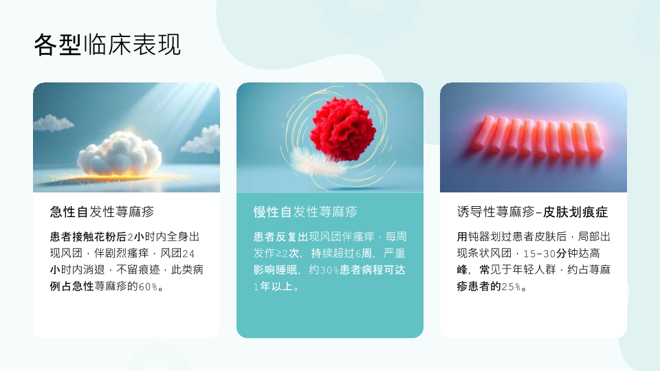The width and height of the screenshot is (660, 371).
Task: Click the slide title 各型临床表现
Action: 107,45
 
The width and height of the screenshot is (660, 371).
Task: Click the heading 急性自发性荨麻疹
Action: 102,212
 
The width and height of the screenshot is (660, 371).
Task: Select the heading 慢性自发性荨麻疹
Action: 305,212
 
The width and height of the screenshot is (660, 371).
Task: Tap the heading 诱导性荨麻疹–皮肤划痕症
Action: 532,212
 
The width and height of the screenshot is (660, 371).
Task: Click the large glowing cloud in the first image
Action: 120,153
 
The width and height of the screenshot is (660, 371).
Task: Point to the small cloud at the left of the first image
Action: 53,123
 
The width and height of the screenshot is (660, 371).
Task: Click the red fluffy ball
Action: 342,129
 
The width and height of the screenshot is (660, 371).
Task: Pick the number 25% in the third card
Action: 511,287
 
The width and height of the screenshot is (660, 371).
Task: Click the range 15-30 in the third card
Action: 540,254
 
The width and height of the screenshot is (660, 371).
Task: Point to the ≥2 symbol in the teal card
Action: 282,254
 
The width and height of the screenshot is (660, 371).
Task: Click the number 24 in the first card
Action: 188,254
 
